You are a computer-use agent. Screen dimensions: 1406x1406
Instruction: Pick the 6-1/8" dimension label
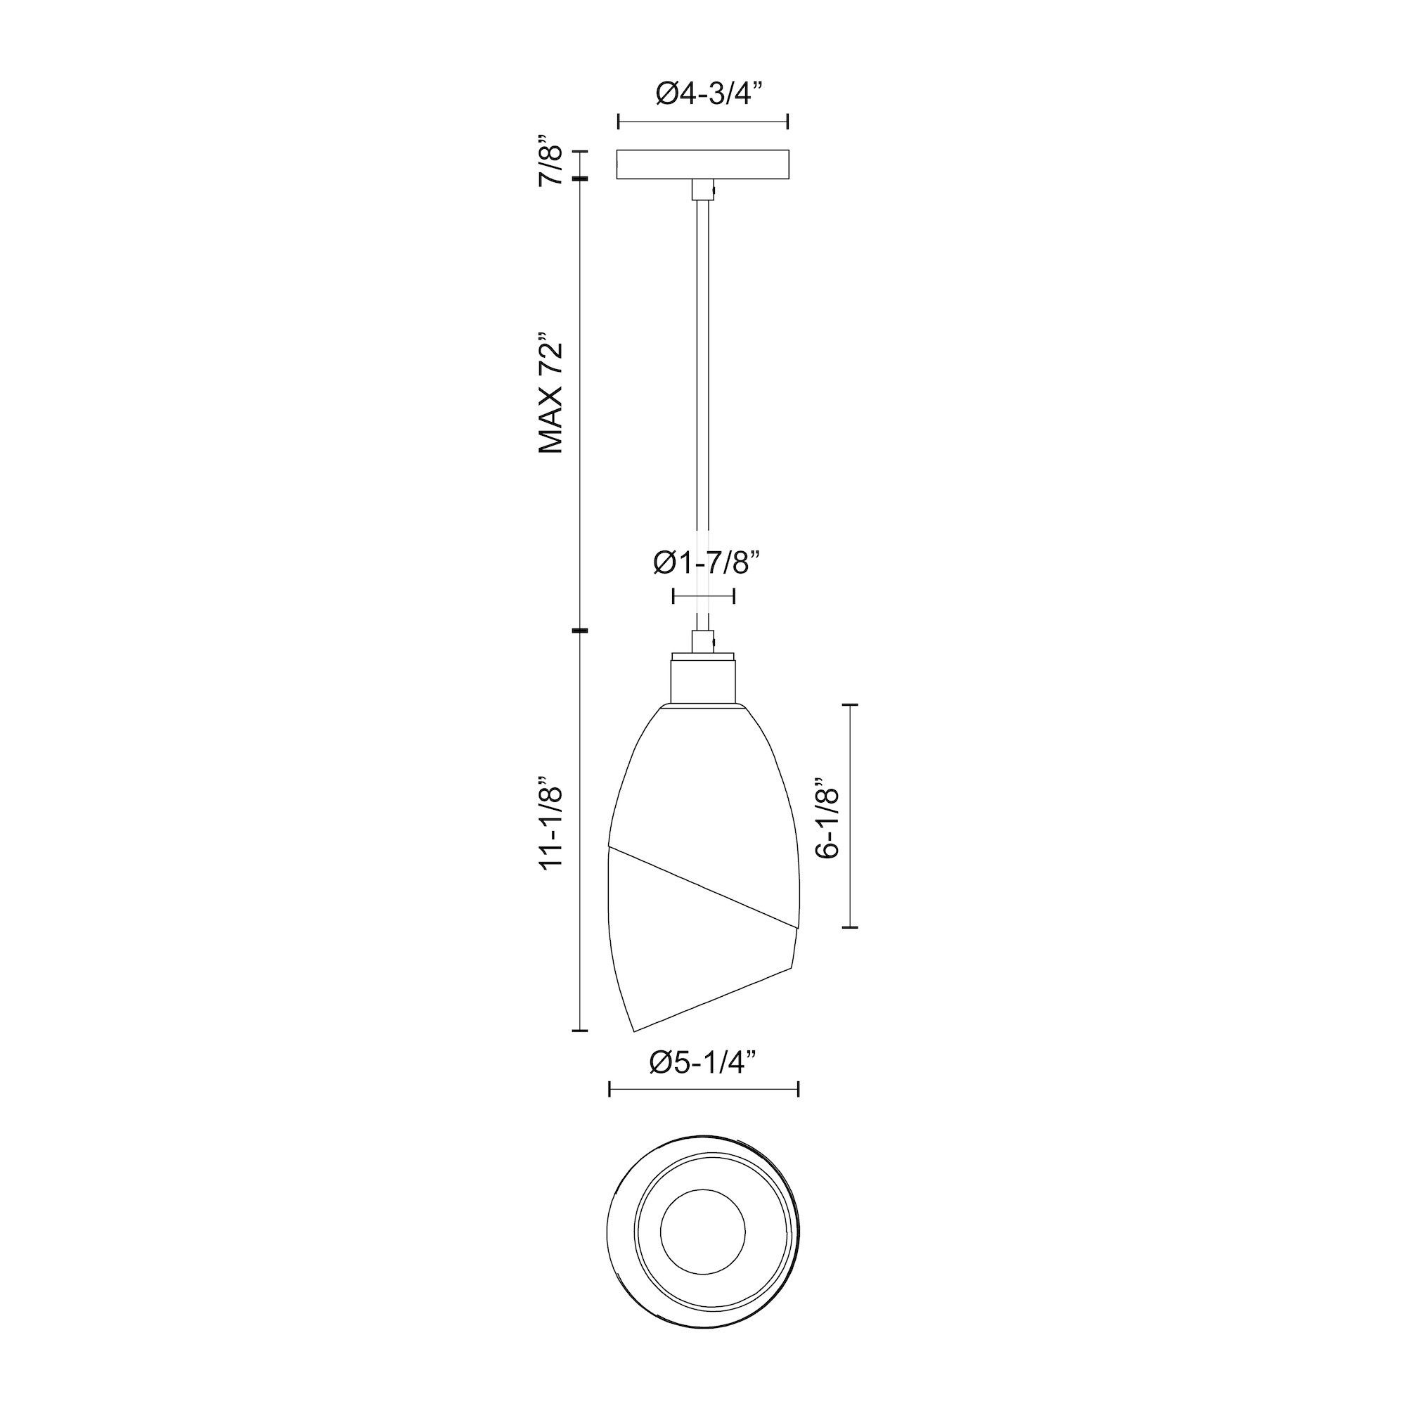click(829, 814)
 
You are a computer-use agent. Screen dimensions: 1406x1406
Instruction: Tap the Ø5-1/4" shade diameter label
click(703, 1064)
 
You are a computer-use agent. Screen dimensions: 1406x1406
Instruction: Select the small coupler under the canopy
click(702, 190)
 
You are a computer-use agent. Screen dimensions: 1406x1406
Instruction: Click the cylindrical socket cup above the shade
click(703, 680)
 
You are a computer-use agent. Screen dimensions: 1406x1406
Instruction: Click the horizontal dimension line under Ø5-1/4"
click(703, 1110)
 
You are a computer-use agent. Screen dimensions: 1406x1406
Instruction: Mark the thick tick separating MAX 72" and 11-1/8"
click(579, 630)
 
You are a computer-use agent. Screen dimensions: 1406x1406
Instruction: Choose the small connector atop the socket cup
click(702, 642)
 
